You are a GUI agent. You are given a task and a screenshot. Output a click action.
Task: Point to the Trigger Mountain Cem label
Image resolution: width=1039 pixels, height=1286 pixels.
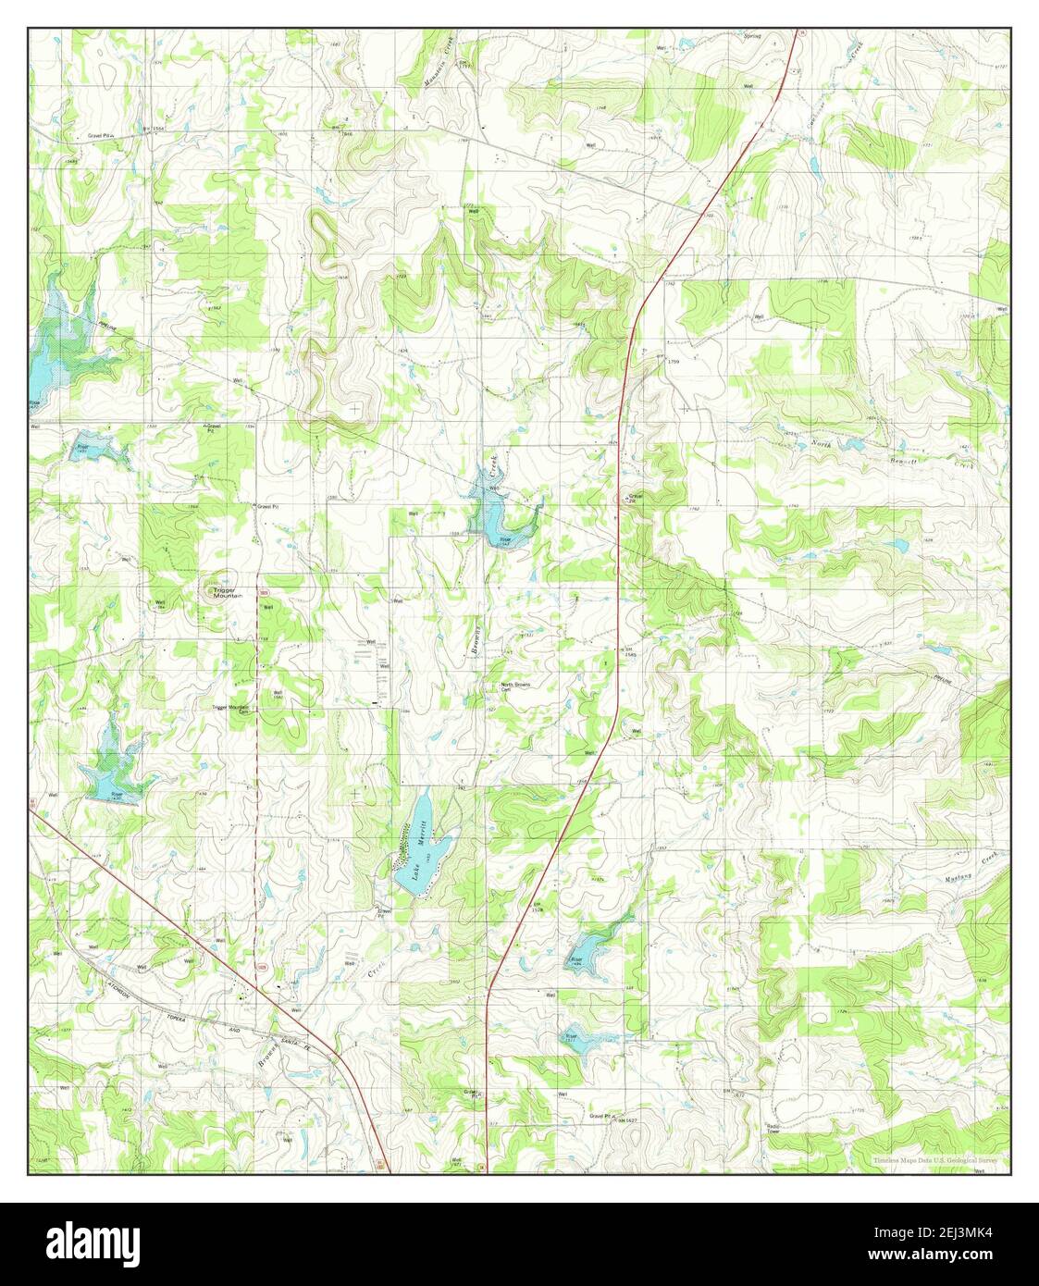click(231, 709)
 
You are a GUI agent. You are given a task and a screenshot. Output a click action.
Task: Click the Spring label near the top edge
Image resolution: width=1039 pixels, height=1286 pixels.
click(752, 36)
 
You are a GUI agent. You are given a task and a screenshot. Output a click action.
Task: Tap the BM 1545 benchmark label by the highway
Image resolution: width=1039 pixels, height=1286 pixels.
click(608, 653)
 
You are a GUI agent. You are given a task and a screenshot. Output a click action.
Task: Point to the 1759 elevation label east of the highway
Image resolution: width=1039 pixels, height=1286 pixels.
click(674, 362)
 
